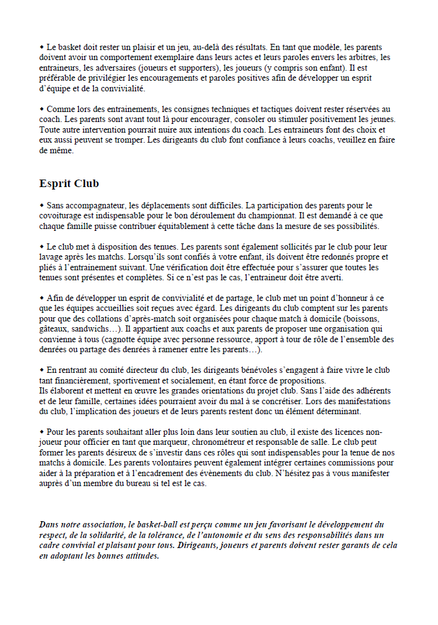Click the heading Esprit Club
point(69,184)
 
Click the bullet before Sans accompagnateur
point(42,205)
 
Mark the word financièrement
point(76,380)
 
